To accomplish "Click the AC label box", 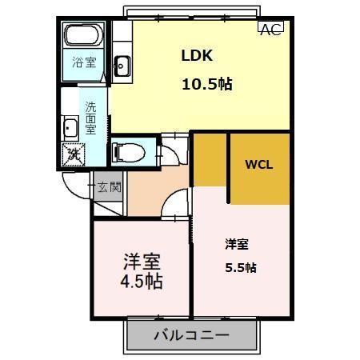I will coord(270,30).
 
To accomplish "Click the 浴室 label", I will coord(84,62).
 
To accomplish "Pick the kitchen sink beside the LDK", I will coord(122,66).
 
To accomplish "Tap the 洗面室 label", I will coord(91,116).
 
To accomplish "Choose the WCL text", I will coord(258,166).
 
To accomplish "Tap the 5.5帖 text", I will coord(240,268).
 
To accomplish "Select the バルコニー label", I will coord(191,335).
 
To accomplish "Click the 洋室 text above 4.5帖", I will coord(142,262).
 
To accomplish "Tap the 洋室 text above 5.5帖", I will coord(236,243).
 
